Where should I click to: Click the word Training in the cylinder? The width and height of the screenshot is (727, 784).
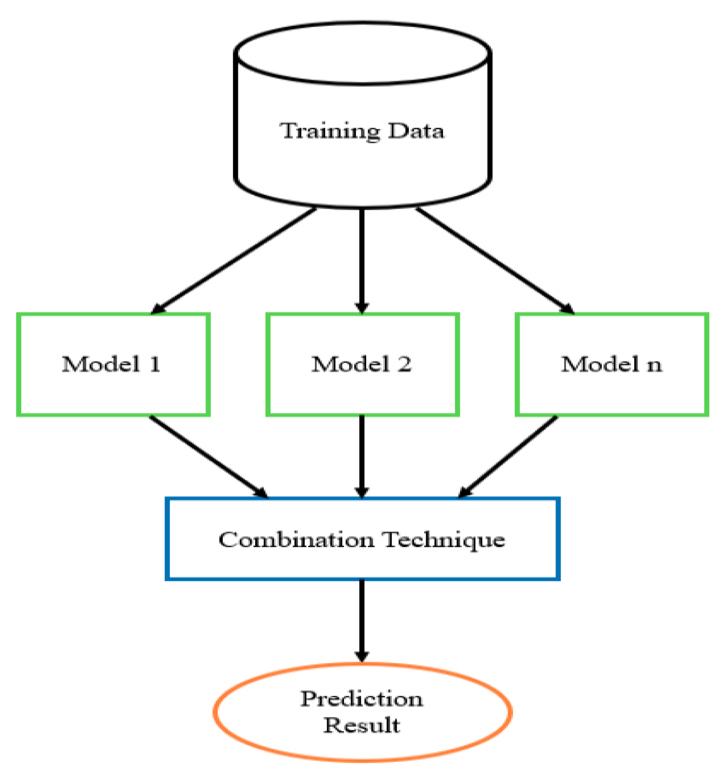tap(330, 131)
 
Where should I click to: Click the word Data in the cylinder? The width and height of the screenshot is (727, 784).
tap(416, 131)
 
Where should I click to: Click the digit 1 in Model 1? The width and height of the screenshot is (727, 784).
tap(155, 364)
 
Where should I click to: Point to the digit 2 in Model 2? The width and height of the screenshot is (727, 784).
tap(404, 364)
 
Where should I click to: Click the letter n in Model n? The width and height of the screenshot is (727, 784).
tap(654, 365)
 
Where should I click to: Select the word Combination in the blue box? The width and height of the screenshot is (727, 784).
tap(296, 539)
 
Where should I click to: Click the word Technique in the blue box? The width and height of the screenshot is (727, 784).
tap(444, 539)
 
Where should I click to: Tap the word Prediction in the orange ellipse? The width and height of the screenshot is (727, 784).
tap(362, 699)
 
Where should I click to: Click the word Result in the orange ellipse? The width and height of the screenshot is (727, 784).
tap(362, 725)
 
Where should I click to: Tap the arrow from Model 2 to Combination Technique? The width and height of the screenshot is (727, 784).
tap(362, 456)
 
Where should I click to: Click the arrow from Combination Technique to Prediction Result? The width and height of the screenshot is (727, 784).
tap(362, 619)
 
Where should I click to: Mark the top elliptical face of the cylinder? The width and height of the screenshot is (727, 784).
tap(362, 53)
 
